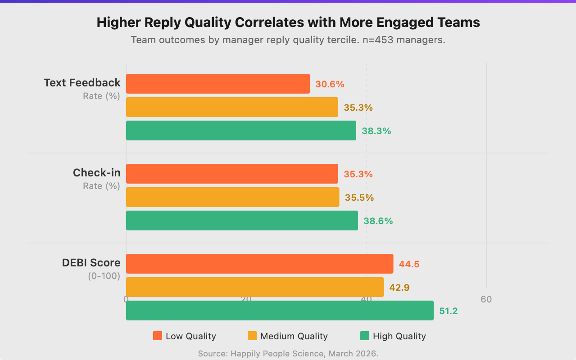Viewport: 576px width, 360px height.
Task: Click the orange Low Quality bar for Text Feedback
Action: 218,84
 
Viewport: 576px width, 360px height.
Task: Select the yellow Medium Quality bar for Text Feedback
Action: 232,107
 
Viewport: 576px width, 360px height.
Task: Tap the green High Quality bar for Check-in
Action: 242,220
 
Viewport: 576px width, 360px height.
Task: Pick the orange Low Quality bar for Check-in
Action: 232,174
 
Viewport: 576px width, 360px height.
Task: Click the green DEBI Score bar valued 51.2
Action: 280,310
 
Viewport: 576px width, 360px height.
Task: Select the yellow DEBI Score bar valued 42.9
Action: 255,287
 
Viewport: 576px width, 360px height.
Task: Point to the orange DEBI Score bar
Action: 259,264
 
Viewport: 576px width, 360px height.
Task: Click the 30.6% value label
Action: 330,84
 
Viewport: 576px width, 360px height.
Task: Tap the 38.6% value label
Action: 378,221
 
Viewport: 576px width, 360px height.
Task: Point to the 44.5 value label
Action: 409,264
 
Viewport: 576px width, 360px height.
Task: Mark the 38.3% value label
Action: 376,131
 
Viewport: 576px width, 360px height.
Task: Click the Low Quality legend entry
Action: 185,336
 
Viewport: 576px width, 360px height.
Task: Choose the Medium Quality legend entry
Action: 288,336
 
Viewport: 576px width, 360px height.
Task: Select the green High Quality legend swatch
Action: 365,336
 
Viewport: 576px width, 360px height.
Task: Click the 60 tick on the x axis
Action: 486,299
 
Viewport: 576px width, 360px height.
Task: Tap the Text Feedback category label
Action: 82,83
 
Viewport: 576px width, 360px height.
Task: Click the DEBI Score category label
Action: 91,263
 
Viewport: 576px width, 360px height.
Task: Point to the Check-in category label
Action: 96,173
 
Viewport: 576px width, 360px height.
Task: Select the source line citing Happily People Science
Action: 288,354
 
